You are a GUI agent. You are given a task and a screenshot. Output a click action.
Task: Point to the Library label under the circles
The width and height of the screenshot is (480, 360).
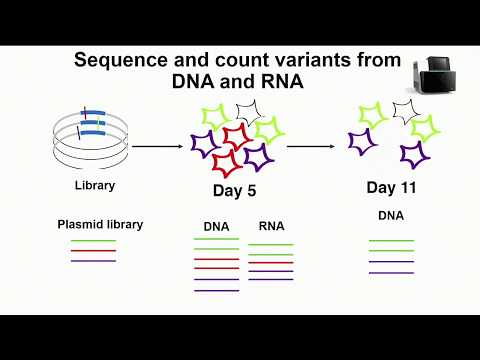pyautogui.click(x=93, y=185)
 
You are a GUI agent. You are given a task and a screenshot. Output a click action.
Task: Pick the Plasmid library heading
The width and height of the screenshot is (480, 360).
pyautogui.click(x=100, y=224)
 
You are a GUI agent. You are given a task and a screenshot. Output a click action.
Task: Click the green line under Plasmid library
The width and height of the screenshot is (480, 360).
pyautogui.click(x=93, y=241)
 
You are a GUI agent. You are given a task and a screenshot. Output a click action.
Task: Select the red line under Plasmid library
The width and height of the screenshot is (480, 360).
pyautogui.click(x=93, y=250)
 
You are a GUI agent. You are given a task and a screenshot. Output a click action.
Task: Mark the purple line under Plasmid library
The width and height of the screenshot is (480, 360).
pyautogui.click(x=93, y=260)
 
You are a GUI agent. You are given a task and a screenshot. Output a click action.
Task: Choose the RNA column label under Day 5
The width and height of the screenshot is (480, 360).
pyautogui.click(x=270, y=226)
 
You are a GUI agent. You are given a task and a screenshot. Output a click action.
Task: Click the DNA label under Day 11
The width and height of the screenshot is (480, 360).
pyautogui.click(x=390, y=215)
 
